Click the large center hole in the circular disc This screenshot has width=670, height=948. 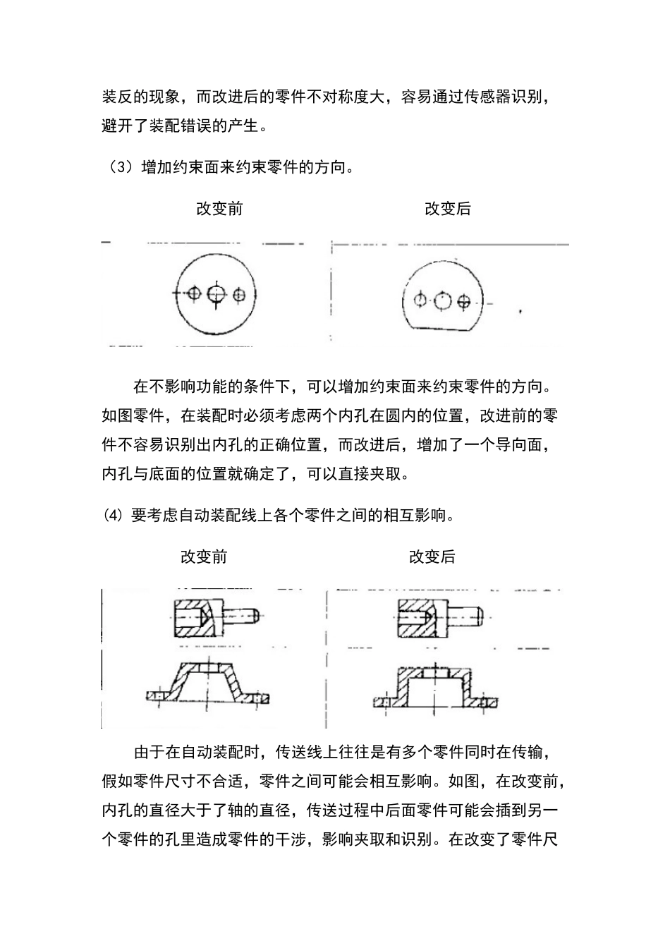point(216,293)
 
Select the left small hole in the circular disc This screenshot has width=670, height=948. point(195,293)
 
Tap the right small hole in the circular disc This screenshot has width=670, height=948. point(240,293)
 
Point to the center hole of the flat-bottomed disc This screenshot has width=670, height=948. point(442,301)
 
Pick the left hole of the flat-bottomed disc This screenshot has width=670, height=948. point(420,301)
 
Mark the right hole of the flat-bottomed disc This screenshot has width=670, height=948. point(463,301)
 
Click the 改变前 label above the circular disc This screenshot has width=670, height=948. point(219,209)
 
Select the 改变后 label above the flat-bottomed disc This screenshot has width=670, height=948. point(447,209)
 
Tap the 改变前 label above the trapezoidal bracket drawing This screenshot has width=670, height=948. point(204,557)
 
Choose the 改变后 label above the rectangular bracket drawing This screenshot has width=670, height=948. point(432,557)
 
